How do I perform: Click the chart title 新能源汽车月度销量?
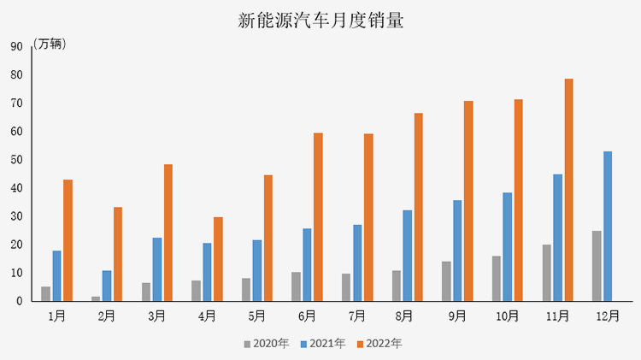click(x=320, y=21)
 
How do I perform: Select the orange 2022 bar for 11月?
click(x=568, y=190)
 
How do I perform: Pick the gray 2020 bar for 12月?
click(x=597, y=266)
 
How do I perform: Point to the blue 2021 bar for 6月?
click(x=307, y=264)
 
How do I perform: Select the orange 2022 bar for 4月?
click(x=218, y=259)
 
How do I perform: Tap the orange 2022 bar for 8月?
click(x=419, y=207)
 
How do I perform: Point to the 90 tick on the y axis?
click(x=16, y=47)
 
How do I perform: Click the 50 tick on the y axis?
click(x=16, y=160)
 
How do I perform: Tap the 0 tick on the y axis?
click(x=19, y=301)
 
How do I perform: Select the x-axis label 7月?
click(x=356, y=316)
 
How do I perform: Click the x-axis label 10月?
click(x=507, y=316)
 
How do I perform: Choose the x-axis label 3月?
click(x=156, y=316)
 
